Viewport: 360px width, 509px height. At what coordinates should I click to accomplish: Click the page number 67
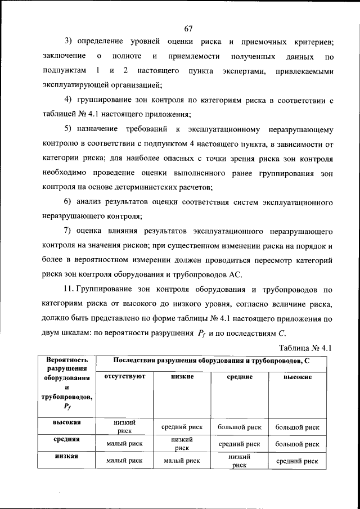(188, 29)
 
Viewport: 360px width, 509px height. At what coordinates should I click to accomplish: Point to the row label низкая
(67, 456)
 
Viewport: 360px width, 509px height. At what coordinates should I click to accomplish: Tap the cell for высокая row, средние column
(239, 427)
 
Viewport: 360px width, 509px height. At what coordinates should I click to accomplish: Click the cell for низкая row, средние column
(239, 461)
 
